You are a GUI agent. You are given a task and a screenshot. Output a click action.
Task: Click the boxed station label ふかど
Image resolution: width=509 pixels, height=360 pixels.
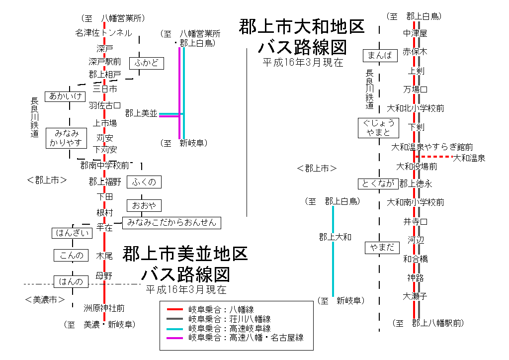click(x=146, y=63)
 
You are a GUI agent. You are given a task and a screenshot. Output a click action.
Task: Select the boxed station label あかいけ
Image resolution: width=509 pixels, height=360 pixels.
click(x=65, y=96)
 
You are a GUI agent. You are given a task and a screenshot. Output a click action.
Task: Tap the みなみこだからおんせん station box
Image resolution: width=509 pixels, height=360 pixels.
click(x=171, y=223)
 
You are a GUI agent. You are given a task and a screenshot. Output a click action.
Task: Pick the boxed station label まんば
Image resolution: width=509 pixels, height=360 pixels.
click(x=381, y=56)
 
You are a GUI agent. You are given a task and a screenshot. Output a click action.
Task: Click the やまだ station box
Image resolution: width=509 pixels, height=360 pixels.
click(x=382, y=247)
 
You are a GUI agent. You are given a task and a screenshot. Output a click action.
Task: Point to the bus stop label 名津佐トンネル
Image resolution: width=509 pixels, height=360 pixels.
click(x=103, y=33)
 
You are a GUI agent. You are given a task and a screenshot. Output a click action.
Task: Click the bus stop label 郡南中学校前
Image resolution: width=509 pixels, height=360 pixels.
click(x=105, y=165)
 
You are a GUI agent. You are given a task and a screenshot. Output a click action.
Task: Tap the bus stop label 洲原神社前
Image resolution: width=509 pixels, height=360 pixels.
click(x=104, y=308)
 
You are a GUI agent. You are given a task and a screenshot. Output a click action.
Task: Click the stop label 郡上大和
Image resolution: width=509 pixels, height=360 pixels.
click(x=335, y=237)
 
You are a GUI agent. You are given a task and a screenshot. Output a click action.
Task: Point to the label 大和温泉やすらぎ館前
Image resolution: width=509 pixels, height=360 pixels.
click(x=432, y=147)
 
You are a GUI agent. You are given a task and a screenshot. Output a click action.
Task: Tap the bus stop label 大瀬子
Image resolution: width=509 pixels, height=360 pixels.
click(x=415, y=296)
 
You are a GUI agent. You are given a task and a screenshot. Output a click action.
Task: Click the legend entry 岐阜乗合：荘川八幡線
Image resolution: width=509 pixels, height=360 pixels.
click(x=229, y=319)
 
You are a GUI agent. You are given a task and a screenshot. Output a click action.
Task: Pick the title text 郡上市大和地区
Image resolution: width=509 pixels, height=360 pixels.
click(x=302, y=27)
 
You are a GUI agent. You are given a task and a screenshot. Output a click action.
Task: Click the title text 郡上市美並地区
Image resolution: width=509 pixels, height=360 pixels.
click(x=185, y=254)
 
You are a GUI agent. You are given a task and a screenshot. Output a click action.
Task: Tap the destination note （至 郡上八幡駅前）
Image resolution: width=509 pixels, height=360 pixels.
click(x=428, y=323)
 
